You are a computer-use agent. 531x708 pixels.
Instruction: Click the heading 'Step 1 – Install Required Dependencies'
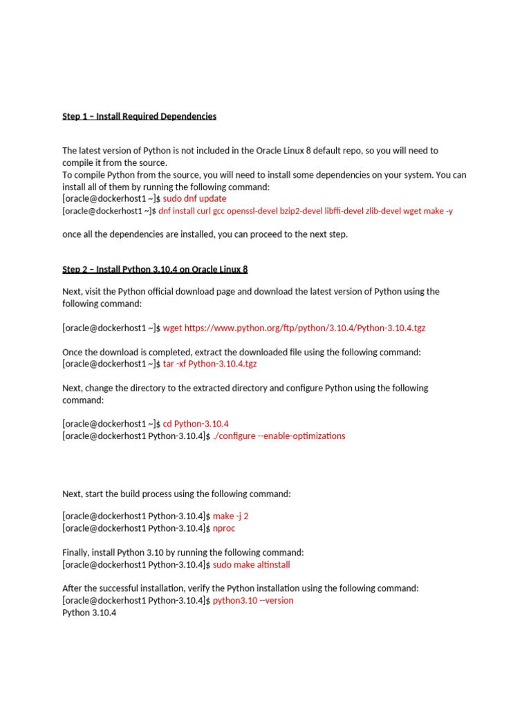point(139,116)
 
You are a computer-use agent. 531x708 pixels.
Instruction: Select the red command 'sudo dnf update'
point(194,198)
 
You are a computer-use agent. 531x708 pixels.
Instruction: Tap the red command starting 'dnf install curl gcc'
point(306,211)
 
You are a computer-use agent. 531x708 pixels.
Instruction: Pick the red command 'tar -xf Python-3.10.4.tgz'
point(209,364)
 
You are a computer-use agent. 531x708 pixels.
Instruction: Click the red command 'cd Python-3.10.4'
point(196,424)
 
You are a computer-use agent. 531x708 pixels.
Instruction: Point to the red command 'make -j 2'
point(230,516)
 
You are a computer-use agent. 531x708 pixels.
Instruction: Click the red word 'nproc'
point(224,528)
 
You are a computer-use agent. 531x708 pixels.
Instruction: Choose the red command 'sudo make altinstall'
point(251,565)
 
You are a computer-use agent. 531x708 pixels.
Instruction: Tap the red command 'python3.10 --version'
point(253,601)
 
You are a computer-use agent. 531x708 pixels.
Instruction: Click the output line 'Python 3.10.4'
point(89,613)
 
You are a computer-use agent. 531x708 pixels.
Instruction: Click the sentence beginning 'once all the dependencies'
point(205,234)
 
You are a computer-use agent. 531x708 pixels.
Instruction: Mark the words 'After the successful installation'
point(125,588)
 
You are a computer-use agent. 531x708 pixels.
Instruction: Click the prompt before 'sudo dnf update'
point(111,198)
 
